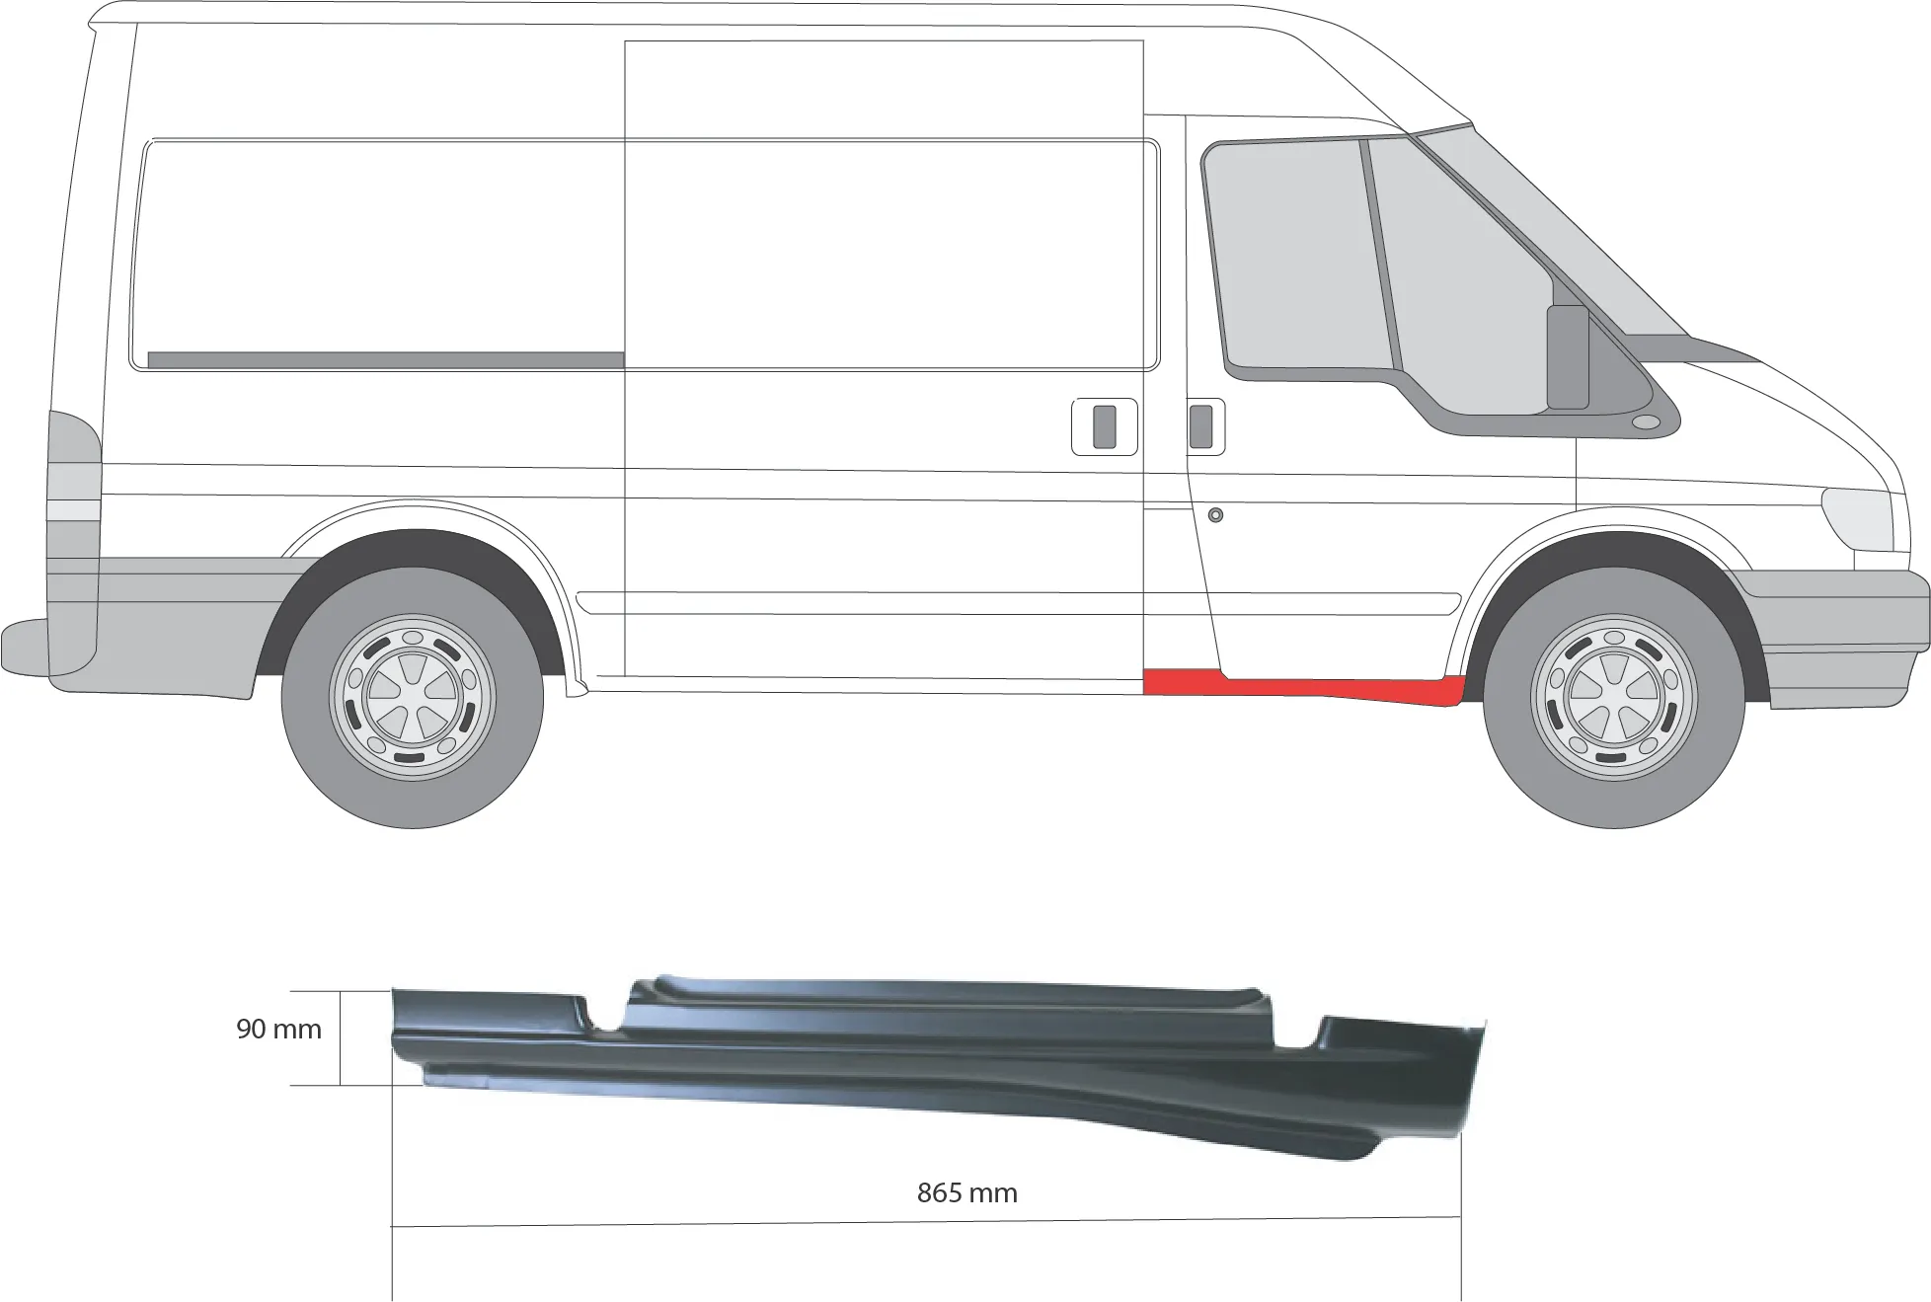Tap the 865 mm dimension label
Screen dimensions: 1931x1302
pos(966,1192)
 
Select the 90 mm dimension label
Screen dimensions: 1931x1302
pos(278,1029)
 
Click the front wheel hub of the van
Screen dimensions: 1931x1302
pos(1613,697)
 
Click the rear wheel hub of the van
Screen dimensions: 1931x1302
pos(413,697)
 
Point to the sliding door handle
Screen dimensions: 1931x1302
pos(1105,426)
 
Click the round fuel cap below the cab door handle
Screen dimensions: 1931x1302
pos(1215,514)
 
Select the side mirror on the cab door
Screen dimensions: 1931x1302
pos(1567,356)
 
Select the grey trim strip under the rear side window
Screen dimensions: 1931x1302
pos(385,360)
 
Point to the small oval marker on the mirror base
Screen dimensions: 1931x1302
pos(1646,422)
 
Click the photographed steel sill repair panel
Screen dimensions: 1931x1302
pos(938,1066)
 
